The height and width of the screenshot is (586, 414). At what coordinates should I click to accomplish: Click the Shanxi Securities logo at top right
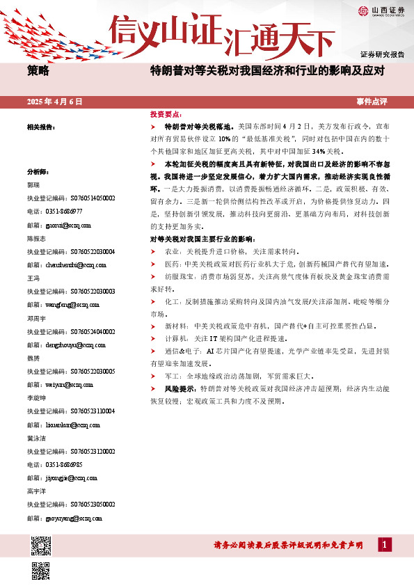tap(381, 10)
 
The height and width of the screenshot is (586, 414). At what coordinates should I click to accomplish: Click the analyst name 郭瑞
tap(33, 186)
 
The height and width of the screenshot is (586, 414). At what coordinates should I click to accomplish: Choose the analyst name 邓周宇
tap(37, 318)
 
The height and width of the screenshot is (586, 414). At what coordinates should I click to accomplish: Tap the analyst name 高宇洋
tap(37, 491)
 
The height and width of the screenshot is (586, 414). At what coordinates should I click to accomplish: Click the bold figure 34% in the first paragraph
tap(320, 150)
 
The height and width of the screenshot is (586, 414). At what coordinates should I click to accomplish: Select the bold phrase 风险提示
tap(180, 389)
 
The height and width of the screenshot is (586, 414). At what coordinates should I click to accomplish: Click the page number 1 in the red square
tap(384, 545)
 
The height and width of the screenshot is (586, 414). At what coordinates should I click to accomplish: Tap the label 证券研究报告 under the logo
tap(382, 54)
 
